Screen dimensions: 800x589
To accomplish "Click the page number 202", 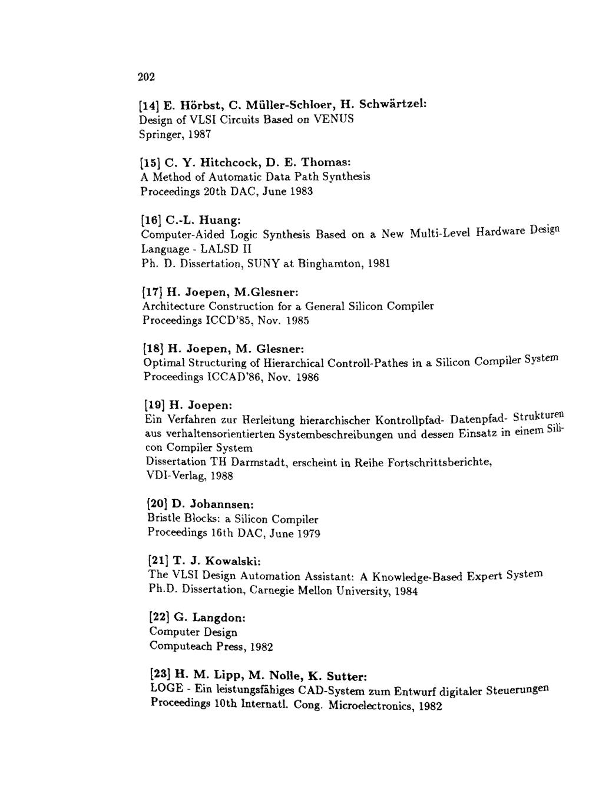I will click(x=146, y=77).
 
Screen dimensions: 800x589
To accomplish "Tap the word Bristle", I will click(x=163, y=519).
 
